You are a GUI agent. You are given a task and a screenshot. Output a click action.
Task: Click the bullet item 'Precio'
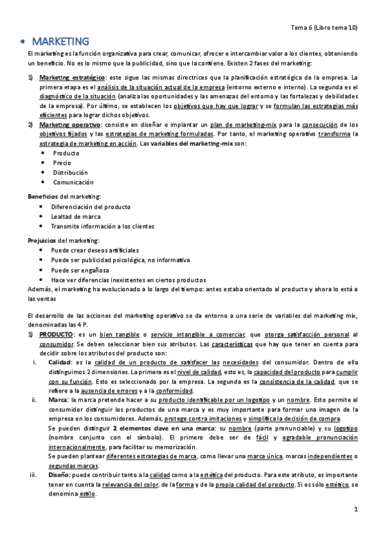(62, 163)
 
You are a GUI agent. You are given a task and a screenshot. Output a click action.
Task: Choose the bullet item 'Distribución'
(71, 173)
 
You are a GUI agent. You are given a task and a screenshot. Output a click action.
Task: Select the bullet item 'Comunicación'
(73, 183)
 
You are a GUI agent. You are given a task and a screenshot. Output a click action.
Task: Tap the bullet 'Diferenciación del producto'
(91, 207)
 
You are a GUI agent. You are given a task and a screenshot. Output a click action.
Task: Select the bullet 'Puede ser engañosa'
(80, 270)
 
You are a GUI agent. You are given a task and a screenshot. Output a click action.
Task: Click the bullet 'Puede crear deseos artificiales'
(94, 250)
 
